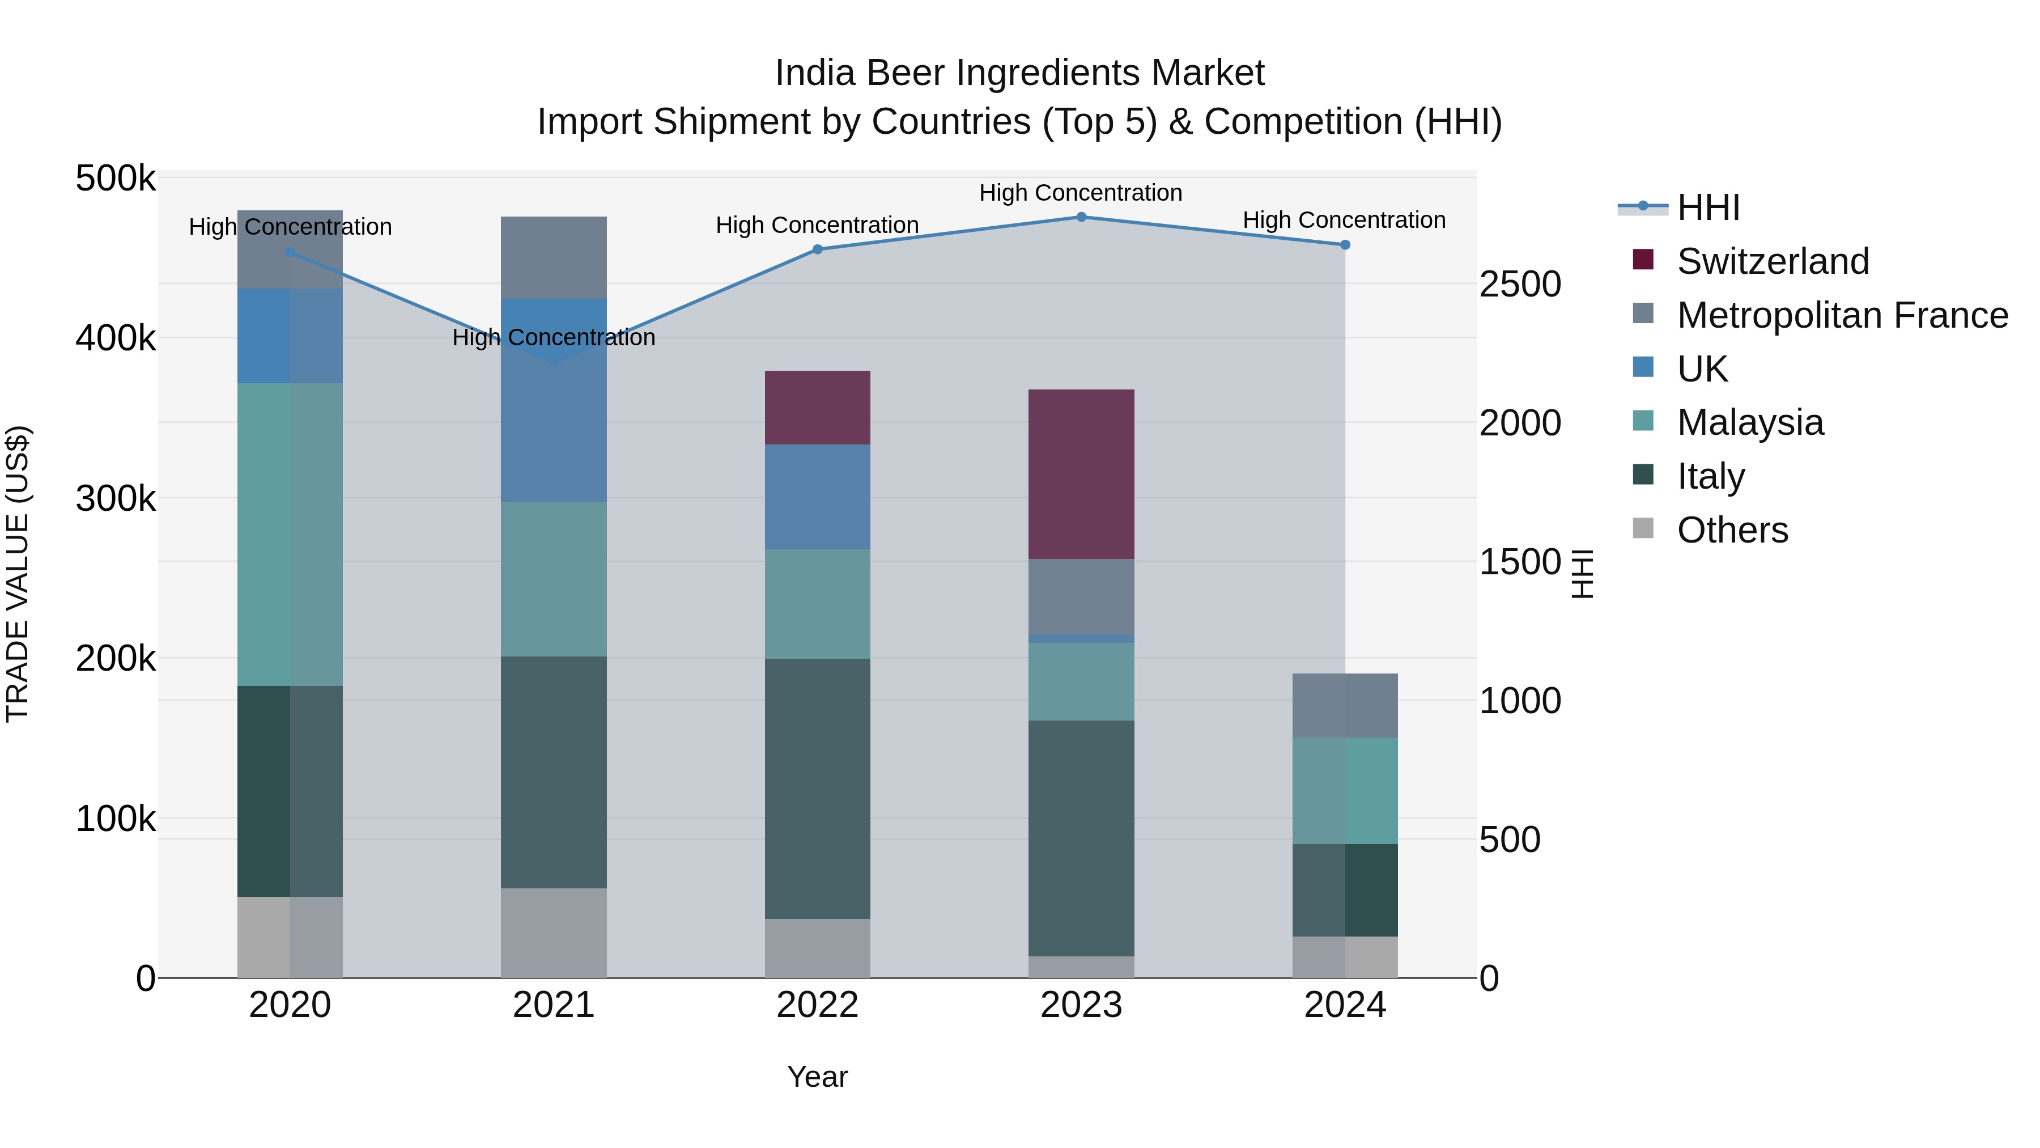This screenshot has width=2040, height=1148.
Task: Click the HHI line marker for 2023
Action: coord(1081,217)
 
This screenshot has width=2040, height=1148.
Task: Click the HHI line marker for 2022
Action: coord(817,249)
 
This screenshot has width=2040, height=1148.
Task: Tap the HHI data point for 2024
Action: coord(1345,245)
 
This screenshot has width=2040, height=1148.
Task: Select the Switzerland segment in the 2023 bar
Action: coord(1081,474)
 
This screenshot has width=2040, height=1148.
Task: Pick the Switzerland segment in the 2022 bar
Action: coord(817,407)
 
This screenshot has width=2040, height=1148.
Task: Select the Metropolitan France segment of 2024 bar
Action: coord(1345,705)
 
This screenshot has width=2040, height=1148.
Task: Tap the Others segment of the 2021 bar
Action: coord(554,933)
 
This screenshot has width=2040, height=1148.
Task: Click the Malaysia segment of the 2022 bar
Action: coord(817,604)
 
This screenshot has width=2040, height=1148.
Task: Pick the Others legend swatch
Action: coord(1643,528)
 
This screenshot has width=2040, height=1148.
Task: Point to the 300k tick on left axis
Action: coord(116,499)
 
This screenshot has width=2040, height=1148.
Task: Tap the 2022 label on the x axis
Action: coord(817,1005)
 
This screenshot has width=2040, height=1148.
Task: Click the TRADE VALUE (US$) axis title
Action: coord(18,574)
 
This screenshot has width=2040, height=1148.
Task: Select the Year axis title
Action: coord(817,1077)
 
